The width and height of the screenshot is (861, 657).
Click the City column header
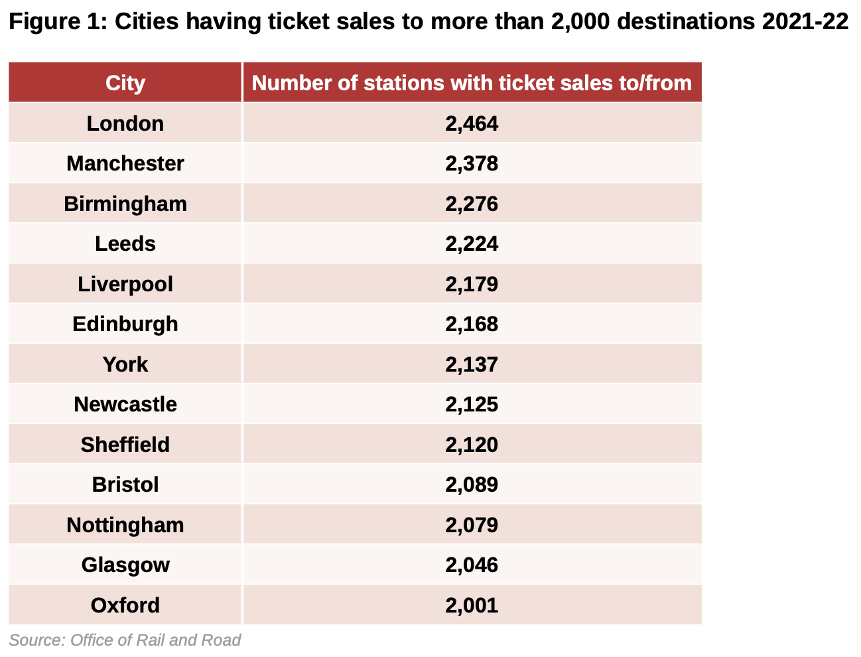click(125, 83)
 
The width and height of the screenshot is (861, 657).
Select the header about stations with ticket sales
click(472, 83)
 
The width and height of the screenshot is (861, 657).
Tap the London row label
click(125, 123)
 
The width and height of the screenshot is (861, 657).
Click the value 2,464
click(472, 123)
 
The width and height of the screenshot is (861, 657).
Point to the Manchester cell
click(125, 163)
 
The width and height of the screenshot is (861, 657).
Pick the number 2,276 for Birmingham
click(472, 204)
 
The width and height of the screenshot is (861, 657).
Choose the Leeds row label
click(125, 244)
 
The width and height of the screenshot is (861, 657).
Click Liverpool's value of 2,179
click(472, 284)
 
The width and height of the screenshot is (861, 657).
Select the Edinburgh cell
click(125, 324)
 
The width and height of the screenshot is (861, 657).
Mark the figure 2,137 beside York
click(472, 364)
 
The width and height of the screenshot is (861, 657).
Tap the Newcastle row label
click(125, 404)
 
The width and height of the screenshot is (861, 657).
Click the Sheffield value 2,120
click(472, 445)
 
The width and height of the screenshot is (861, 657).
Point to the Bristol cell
click(125, 484)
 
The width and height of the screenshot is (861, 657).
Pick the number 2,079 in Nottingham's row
click(472, 525)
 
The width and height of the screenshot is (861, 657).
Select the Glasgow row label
click(125, 565)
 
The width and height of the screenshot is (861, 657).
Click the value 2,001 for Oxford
click(472, 605)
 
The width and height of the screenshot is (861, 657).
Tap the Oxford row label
click(125, 605)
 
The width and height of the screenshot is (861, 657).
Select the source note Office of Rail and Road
click(155, 640)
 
